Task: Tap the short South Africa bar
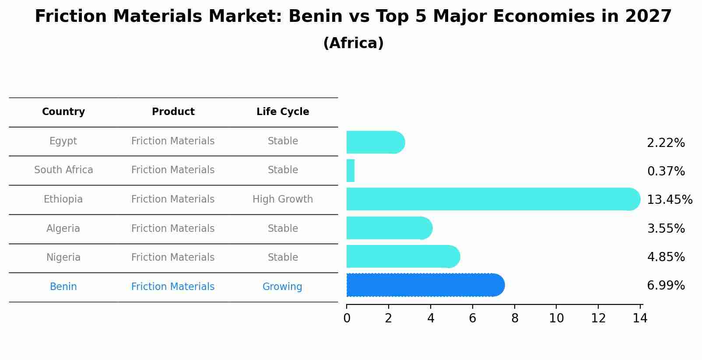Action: [x=350, y=171]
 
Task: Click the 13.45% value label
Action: [x=669, y=200]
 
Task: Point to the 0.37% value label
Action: [x=666, y=171]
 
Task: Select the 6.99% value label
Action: [x=666, y=286]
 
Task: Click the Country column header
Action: [x=63, y=112]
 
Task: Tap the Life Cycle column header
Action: [x=283, y=112]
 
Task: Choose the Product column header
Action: [x=173, y=112]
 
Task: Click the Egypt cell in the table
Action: [x=63, y=141]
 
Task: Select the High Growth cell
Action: [x=283, y=199]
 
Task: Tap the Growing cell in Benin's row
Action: [x=282, y=287]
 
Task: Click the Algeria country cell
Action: [x=63, y=229]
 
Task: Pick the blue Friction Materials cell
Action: [x=173, y=287]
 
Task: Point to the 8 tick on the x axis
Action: [x=515, y=318]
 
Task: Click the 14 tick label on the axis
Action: [x=640, y=318]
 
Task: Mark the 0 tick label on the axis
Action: [x=347, y=318]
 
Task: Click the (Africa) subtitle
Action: [x=353, y=43]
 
